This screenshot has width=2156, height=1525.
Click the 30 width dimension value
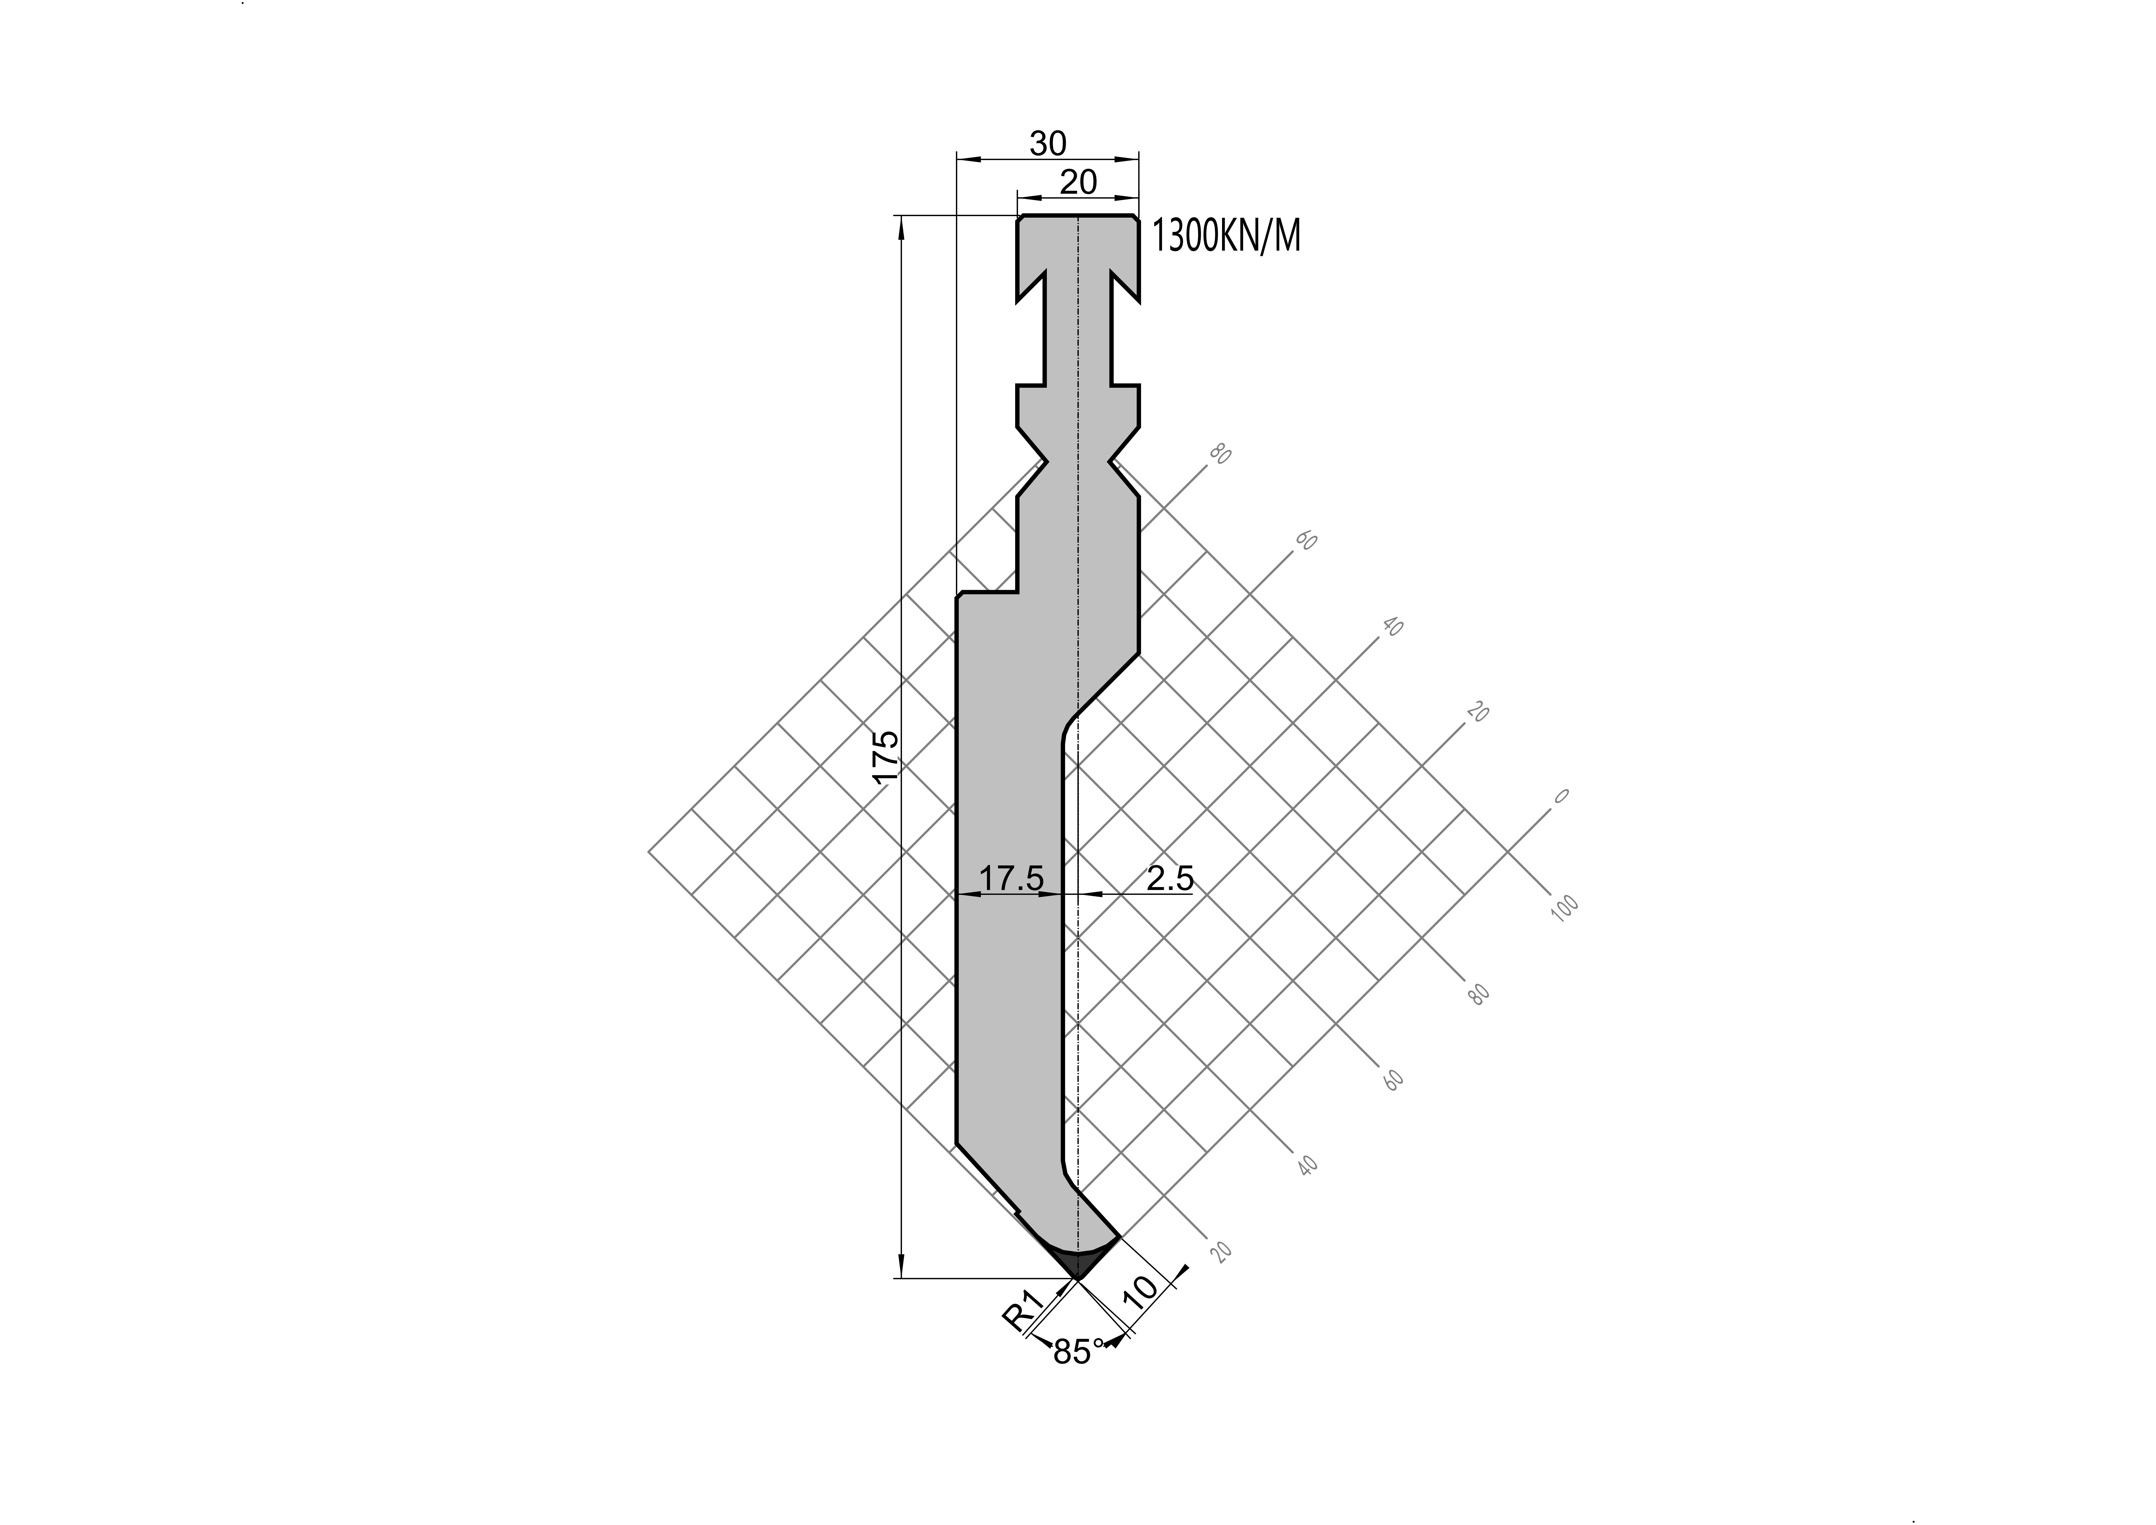(x=1048, y=144)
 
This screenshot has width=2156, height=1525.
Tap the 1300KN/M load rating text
(x=1226, y=237)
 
